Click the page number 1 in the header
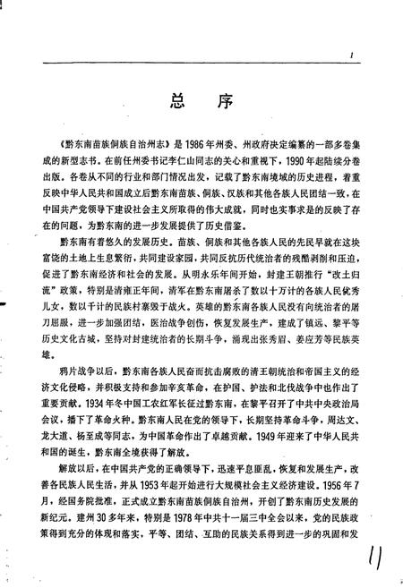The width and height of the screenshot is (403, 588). pyautogui.click(x=354, y=55)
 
